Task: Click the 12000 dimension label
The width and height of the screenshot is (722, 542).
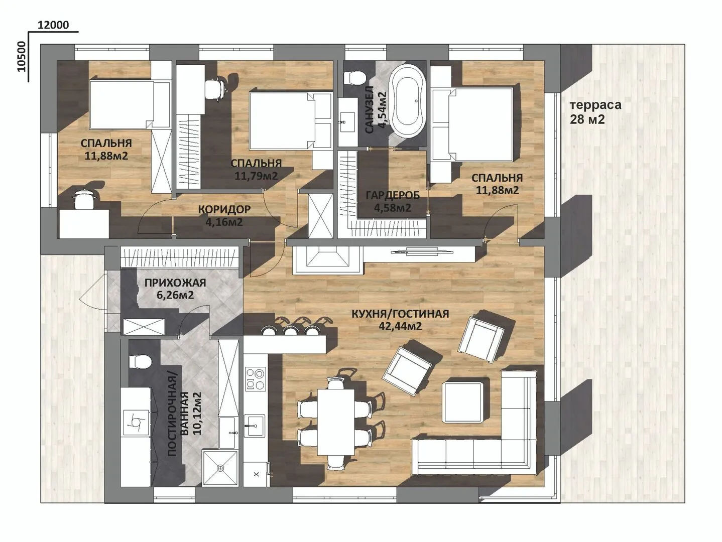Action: pyautogui.click(x=53, y=25)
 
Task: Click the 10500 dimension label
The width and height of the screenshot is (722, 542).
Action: pyautogui.click(x=22, y=56)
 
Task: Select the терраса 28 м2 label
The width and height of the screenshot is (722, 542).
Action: pyautogui.click(x=595, y=112)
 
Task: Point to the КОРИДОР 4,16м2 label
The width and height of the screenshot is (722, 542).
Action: pyautogui.click(x=224, y=216)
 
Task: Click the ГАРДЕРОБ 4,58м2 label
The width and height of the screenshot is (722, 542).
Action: pyautogui.click(x=393, y=201)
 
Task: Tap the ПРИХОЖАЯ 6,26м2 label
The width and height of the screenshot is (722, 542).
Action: pyautogui.click(x=175, y=289)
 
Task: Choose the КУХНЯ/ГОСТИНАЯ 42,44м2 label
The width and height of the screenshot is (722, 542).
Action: pyautogui.click(x=400, y=320)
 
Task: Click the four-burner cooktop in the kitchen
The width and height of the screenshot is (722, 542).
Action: pyautogui.click(x=256, y=378)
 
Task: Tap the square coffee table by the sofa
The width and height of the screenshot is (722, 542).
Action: pyautogui.click(x=463, y=402)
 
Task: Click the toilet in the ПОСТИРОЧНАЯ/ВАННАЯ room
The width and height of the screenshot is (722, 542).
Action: pyautogui.click(x=140, y=362)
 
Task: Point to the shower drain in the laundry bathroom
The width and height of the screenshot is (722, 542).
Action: pyautogui.click(x=220, y=467)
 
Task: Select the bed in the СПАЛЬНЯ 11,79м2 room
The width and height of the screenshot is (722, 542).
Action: pyautogui.click(x=290, y=121)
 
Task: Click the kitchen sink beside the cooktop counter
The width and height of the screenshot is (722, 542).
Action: pyautogui.click(x=254, y=426)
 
